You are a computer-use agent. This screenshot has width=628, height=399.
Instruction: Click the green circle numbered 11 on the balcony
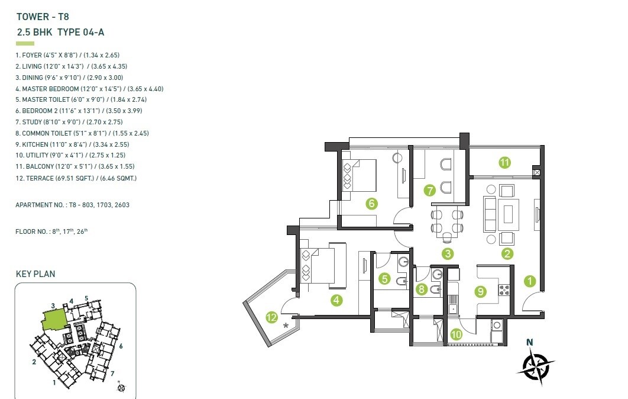click(504, 163)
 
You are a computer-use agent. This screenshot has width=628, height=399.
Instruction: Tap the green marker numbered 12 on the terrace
click(271, 318)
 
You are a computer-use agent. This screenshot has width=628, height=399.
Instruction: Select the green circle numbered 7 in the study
click(430, 190)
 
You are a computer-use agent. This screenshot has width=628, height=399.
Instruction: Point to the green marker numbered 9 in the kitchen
click(481, 291)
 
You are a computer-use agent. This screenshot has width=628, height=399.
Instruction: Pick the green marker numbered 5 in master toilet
click(385, 278)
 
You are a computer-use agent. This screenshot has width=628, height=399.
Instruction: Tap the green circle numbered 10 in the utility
click(455, 334)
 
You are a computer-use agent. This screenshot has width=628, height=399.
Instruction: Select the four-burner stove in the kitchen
click(505, 290)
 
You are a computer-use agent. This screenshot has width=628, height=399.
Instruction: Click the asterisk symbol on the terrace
click(287, 326)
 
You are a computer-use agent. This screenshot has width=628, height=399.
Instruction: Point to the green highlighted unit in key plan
click(54, 320)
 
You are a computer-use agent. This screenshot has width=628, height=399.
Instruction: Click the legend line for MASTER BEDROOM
click(89, 89)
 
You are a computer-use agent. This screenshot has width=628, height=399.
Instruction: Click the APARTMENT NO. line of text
click(72, 205)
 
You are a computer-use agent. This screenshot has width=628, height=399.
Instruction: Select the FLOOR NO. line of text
click(51, 231)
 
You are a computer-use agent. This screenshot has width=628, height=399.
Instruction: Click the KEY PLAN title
click(35, 274)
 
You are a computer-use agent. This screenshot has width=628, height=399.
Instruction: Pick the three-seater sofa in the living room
click(490, 214)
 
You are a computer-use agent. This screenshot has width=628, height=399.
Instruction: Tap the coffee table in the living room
click(508, 214)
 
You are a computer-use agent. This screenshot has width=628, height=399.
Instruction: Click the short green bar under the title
click(25, 43)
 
